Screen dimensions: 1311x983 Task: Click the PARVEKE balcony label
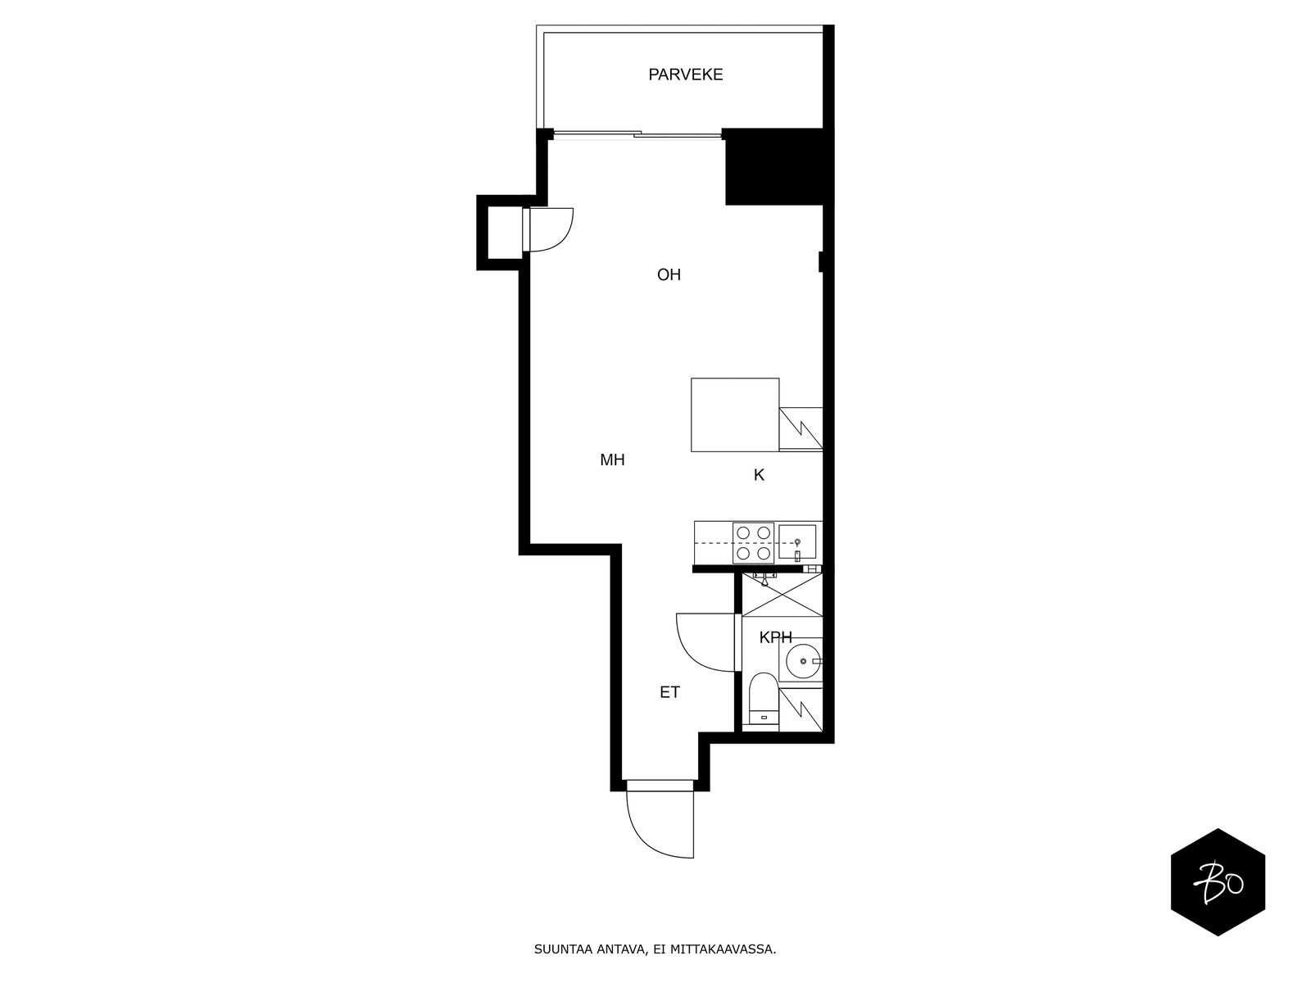pos(685,75)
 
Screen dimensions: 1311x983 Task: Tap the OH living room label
pos(669,274)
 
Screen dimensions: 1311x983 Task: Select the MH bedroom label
pos(612,460)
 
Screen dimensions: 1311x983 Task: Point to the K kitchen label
pos(759,475)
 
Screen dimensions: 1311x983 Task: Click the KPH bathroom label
pos(775,637)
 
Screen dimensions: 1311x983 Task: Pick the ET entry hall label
pos(669,692)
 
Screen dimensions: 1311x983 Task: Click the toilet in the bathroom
pos(764,700)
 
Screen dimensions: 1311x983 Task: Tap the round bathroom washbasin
pos(803,661)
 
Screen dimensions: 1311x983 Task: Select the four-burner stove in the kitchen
pos(753,542)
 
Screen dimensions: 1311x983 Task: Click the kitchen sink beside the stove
pos(797,542)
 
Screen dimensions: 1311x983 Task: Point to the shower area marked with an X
pos(782,595)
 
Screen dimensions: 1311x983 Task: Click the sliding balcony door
pos(637,134)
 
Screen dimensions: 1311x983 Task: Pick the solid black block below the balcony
pos(774,167)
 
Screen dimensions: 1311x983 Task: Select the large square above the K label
pos(735,414)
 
